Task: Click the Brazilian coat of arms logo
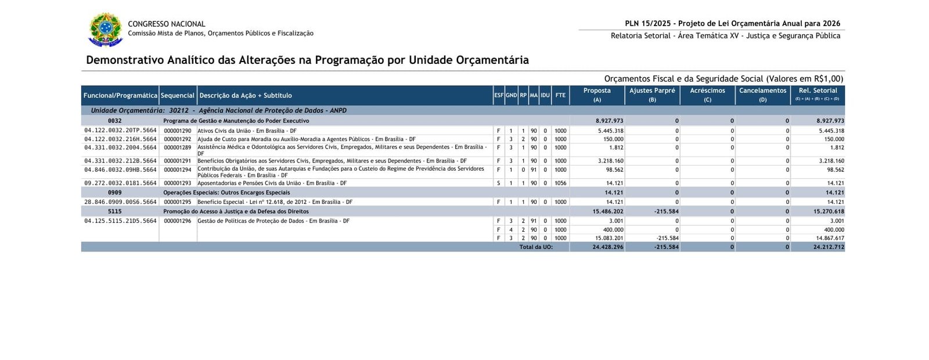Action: coord(105,28)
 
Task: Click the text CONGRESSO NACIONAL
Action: coord(166,24)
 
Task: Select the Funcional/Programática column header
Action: coord(120,95)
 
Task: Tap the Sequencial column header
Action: coord(178,95)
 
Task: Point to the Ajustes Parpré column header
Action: coord(652,91)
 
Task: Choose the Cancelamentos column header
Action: coord(762,91)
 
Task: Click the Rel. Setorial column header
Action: coord(818,91)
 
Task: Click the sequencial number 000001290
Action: coord(178,131)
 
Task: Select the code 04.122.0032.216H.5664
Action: coord(120,139)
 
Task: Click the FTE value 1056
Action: coord(560,183)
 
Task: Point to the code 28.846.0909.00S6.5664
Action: coord(120,202)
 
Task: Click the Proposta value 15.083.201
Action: coord(609,238)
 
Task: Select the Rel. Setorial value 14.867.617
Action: coord(830,238)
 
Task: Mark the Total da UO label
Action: coord(536,247)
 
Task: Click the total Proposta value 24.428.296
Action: coord(608,247)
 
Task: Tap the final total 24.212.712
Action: coord(829,247)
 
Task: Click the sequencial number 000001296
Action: coord(178,221)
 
